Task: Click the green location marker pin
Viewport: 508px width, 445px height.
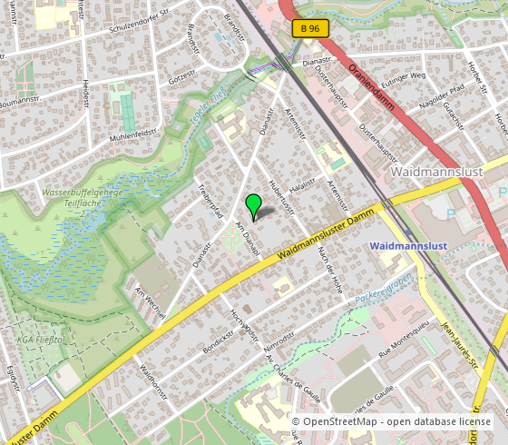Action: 254,204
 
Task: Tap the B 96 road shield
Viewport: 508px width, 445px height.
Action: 309,29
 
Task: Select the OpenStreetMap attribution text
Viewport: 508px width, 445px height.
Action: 392,421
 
